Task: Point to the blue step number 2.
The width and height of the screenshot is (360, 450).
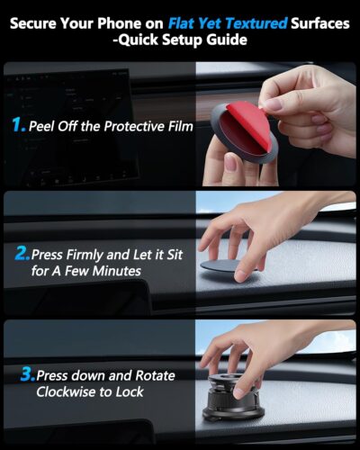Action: coord(22,254)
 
